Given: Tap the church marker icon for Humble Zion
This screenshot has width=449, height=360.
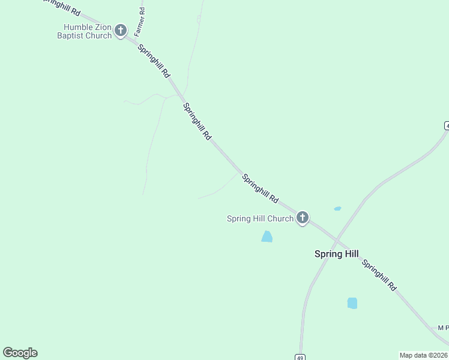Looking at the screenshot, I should pyautogui.click(x=121, y=31).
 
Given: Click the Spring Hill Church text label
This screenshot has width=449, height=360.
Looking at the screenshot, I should pyautogui.click(x=260, y=218).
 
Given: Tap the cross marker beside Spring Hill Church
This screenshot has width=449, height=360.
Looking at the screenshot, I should pyautogui.click(x=303, y=218).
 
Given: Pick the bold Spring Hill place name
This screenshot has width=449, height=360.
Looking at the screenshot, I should pyautogui.click(x=336, y=254).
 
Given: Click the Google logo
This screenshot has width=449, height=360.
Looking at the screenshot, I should pyautogui.click(x=20, y=353).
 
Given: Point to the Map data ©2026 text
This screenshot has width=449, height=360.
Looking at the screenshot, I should pyautogui.click(x=423, y=355).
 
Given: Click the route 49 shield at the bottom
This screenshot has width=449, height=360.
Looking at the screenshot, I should pyautogui.click(x=300, y=357).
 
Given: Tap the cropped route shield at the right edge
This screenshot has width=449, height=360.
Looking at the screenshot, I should pyautogui.click(x=447, y=125).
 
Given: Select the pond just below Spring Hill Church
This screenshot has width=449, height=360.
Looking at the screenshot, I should pyautogui.click(x=267, y=236).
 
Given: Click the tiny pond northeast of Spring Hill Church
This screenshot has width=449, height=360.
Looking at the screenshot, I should pyautogui.click(x=337, y=209).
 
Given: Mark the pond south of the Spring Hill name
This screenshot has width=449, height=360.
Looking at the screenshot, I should pyautogui.click(x=352, y=303).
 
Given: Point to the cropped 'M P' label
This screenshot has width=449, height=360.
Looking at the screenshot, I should pyautogui.click(x=443, y=328).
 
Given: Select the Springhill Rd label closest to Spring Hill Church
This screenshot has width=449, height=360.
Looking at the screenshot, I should pyautogui.click(x=261, y=188).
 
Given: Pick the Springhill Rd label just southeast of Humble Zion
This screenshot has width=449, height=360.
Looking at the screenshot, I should pyautogui.click(x=154, y=61).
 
